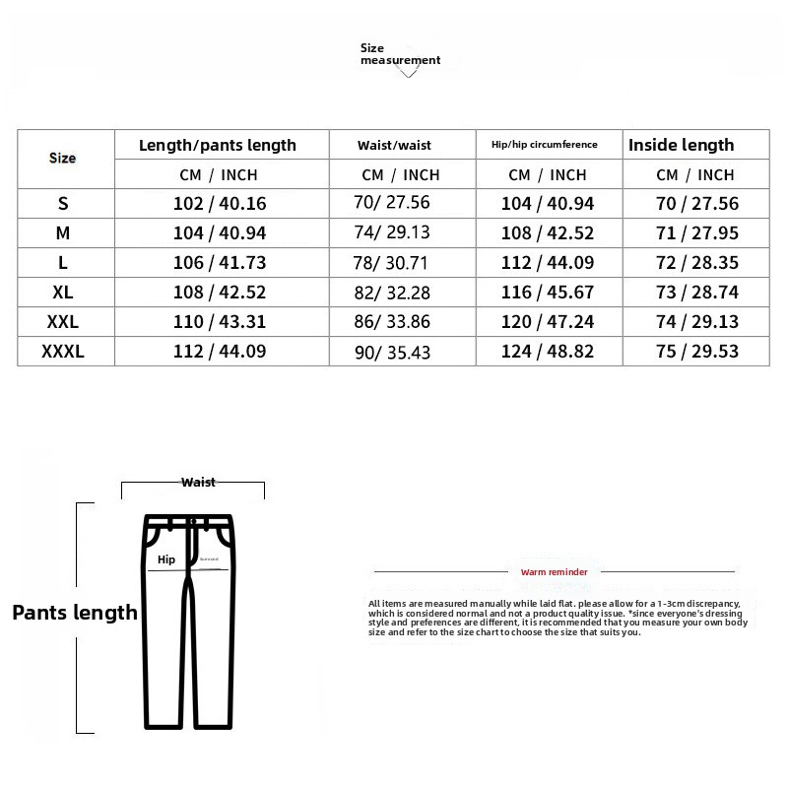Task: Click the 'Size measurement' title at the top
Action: pyautogui.click(x=399, y=54)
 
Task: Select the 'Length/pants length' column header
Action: pyautogui.click(x=218, y=145)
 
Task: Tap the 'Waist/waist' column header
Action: pyautogui.click(x=394, y=146)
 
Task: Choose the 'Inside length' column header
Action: pyautogui.click(x=681, y=145)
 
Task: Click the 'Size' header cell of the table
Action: pyautogui.click(x=62, y=158)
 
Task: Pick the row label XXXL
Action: pyautogui.click(x=63, y=351)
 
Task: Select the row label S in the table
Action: pyautogui.click(x=63, y=204)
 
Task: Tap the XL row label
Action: pyautogui.click(x=63, y=293)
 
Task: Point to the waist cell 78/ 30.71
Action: pyautogui.click(x=394, y=264)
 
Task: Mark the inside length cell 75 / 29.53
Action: pyautogui.click(x=697, y=351)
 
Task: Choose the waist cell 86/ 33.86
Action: pyautogui.click(x=394, y=322)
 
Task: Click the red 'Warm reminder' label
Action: pyautogui.click(x=554, y=571)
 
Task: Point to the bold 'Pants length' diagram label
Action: pyautogui.click(x=75, y=613)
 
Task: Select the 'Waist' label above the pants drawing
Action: pyautogui.click(x=198, y=483)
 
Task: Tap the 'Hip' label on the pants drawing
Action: pyautogui.click(x=165, y=559)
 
